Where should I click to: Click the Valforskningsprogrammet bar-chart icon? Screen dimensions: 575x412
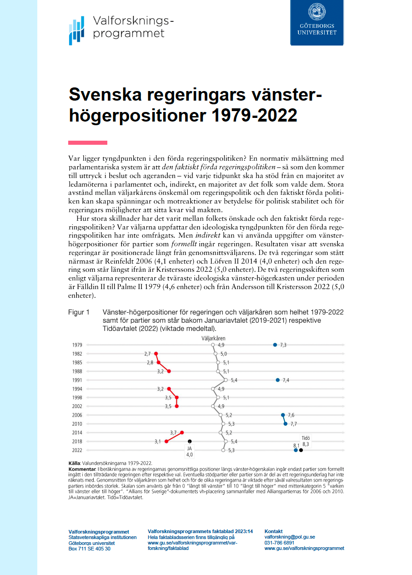76,31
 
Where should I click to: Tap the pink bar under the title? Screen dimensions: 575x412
88,142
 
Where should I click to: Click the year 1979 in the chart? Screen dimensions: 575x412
77,345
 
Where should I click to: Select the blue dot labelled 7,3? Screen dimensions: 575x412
275,345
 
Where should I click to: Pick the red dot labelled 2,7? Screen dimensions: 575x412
156,354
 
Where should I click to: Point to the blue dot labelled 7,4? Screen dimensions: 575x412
277,380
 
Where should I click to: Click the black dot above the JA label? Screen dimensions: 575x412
190,441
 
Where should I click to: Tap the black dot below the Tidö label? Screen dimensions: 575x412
301,450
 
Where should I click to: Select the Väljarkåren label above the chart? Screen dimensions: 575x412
213,338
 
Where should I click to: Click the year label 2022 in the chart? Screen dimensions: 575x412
77,450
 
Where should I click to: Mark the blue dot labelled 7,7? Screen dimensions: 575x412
286,424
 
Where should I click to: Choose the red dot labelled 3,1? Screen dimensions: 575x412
166,441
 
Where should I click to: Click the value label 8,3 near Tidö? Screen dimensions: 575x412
306,444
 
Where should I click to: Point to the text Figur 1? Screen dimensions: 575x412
78,313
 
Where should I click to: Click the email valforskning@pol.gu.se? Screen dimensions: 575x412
289,537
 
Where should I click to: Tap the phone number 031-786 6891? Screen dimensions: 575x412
279,543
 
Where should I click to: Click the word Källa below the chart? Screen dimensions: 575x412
74,463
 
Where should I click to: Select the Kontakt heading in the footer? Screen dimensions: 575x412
273,531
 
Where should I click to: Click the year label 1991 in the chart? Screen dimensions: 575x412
77,380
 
